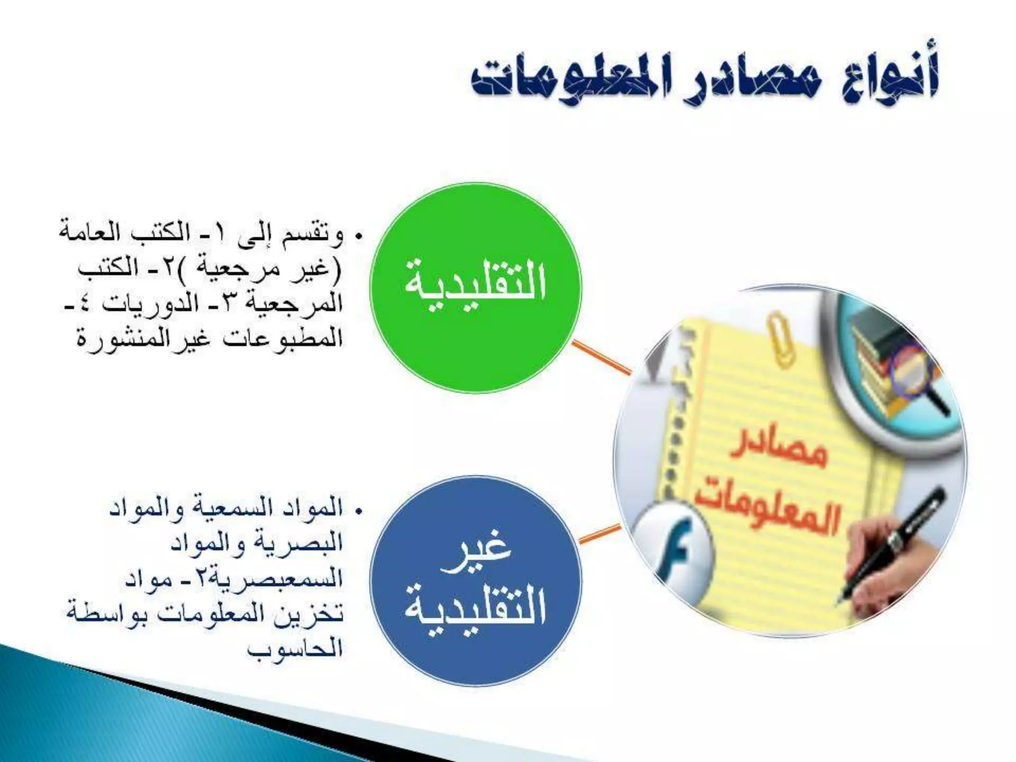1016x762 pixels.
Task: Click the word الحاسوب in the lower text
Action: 295,648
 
